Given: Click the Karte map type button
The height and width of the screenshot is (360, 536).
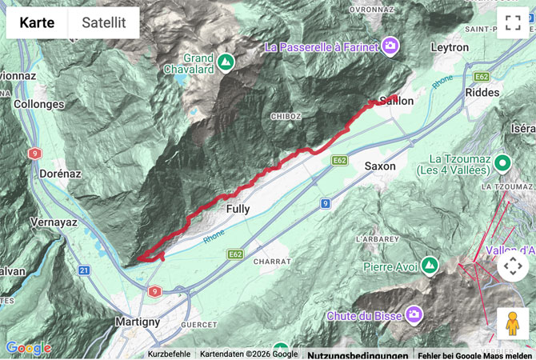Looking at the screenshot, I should [37, 23].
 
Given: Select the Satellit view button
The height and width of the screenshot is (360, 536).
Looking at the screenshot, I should [104, 23].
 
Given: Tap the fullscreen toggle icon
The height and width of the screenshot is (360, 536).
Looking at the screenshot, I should [513, 23].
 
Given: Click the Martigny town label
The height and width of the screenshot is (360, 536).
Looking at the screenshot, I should [138, 322].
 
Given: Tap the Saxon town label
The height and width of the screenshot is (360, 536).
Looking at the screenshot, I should [380, 166].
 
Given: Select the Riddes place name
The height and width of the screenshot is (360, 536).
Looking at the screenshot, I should [482, 93].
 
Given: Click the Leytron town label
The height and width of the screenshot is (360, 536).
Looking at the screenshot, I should [450, 48].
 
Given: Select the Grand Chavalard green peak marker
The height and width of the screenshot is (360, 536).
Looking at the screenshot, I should [226, 60].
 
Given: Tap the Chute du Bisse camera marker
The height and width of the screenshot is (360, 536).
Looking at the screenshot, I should [414, 314].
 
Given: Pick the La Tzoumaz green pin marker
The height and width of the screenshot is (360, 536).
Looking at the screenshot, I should [502, 164].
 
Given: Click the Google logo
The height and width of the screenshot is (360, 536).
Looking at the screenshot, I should [28, 349].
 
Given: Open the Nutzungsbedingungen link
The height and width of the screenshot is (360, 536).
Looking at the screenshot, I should [357, 354].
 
